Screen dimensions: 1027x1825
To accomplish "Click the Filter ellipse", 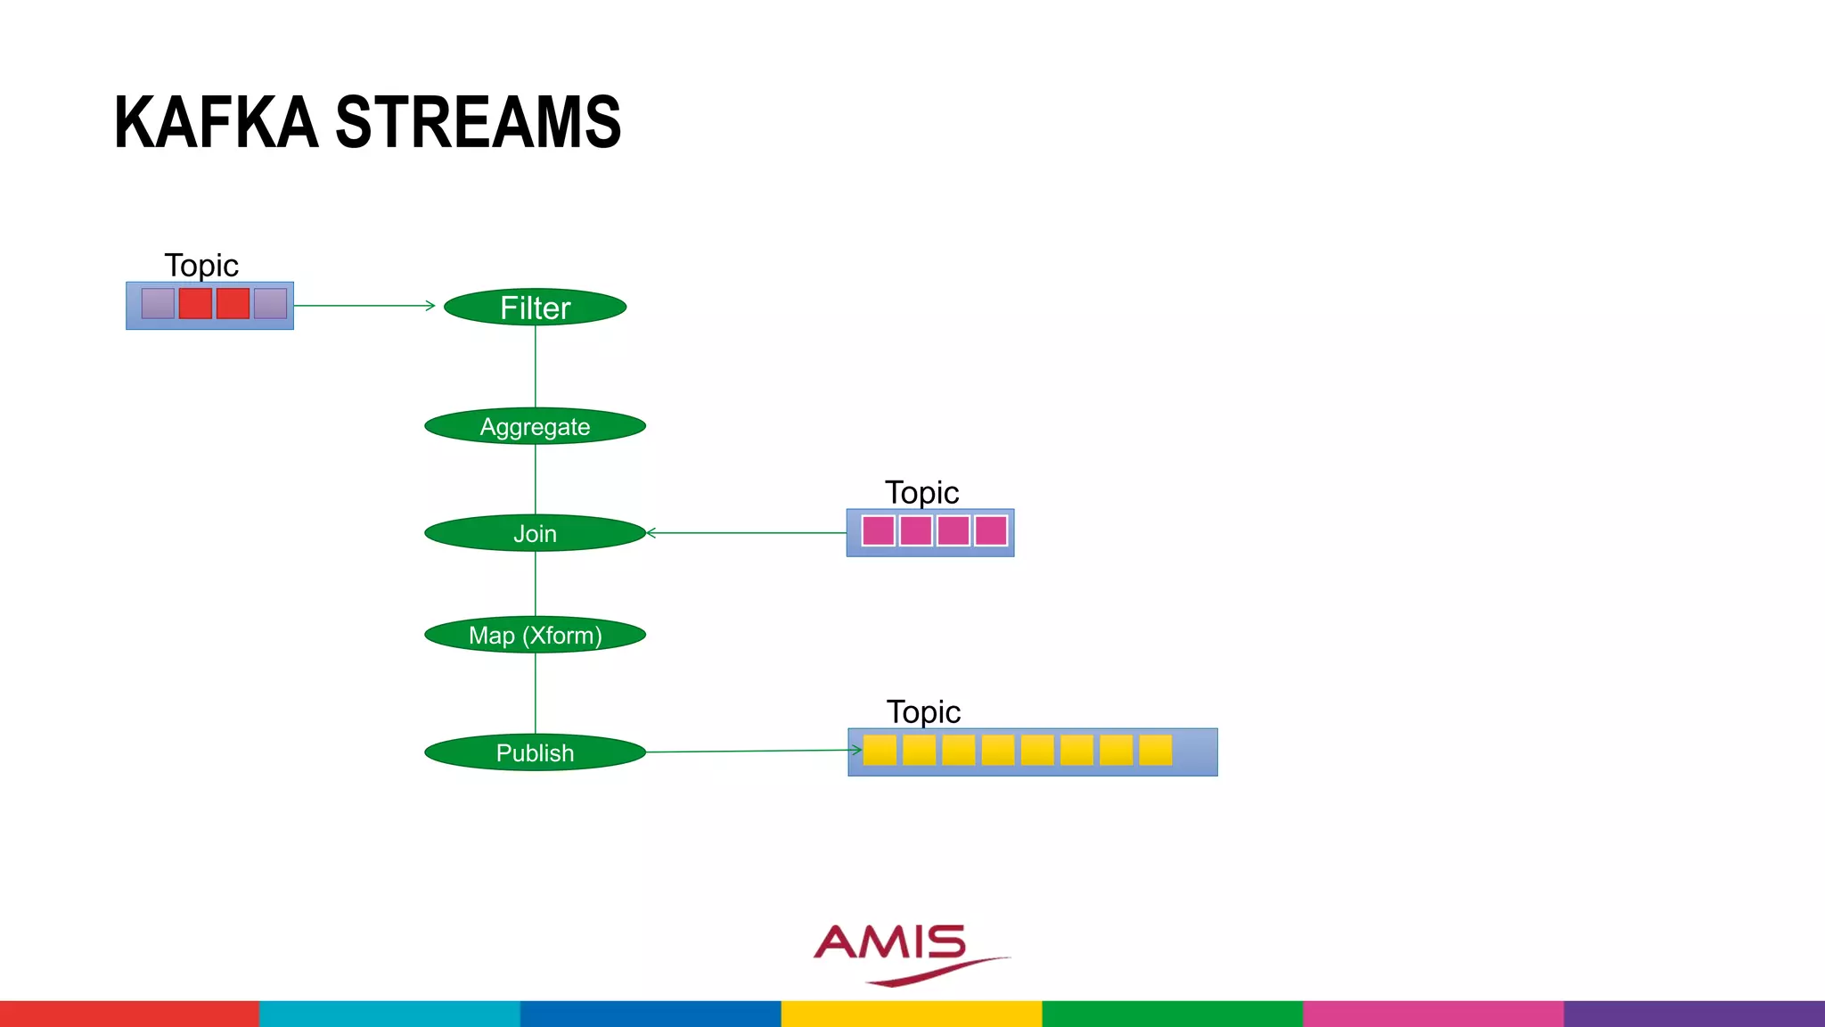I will (535, 307).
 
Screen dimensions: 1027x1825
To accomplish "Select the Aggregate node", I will (535, 426).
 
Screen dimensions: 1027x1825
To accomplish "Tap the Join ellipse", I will (535, 533).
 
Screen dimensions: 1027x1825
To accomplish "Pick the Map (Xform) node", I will (535, 635).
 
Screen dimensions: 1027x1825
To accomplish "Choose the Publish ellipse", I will (535, 752).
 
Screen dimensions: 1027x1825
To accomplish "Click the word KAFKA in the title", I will (216, 122).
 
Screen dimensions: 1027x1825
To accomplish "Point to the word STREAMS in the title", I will (478, 122).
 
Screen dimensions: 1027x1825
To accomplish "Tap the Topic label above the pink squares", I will (921, 492).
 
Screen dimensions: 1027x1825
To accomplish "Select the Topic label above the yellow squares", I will (923, 711).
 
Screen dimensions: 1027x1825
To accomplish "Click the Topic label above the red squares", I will (201, 265).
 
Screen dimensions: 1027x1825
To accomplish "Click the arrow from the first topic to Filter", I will (365, 306).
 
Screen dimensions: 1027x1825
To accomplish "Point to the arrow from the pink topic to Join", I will (747, 533).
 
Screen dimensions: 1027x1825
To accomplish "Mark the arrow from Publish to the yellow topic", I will (753, 751).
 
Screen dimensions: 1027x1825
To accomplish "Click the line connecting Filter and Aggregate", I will (536, 366).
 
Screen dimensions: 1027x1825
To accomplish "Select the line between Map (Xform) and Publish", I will (536, 694).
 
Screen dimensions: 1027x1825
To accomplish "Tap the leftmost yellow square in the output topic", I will (880, 750).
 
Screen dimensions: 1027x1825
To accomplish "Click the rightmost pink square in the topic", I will (991, 530).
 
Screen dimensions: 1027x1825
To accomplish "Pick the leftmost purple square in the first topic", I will (158, 303).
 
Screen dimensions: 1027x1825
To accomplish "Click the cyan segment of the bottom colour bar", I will (389, 1014).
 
